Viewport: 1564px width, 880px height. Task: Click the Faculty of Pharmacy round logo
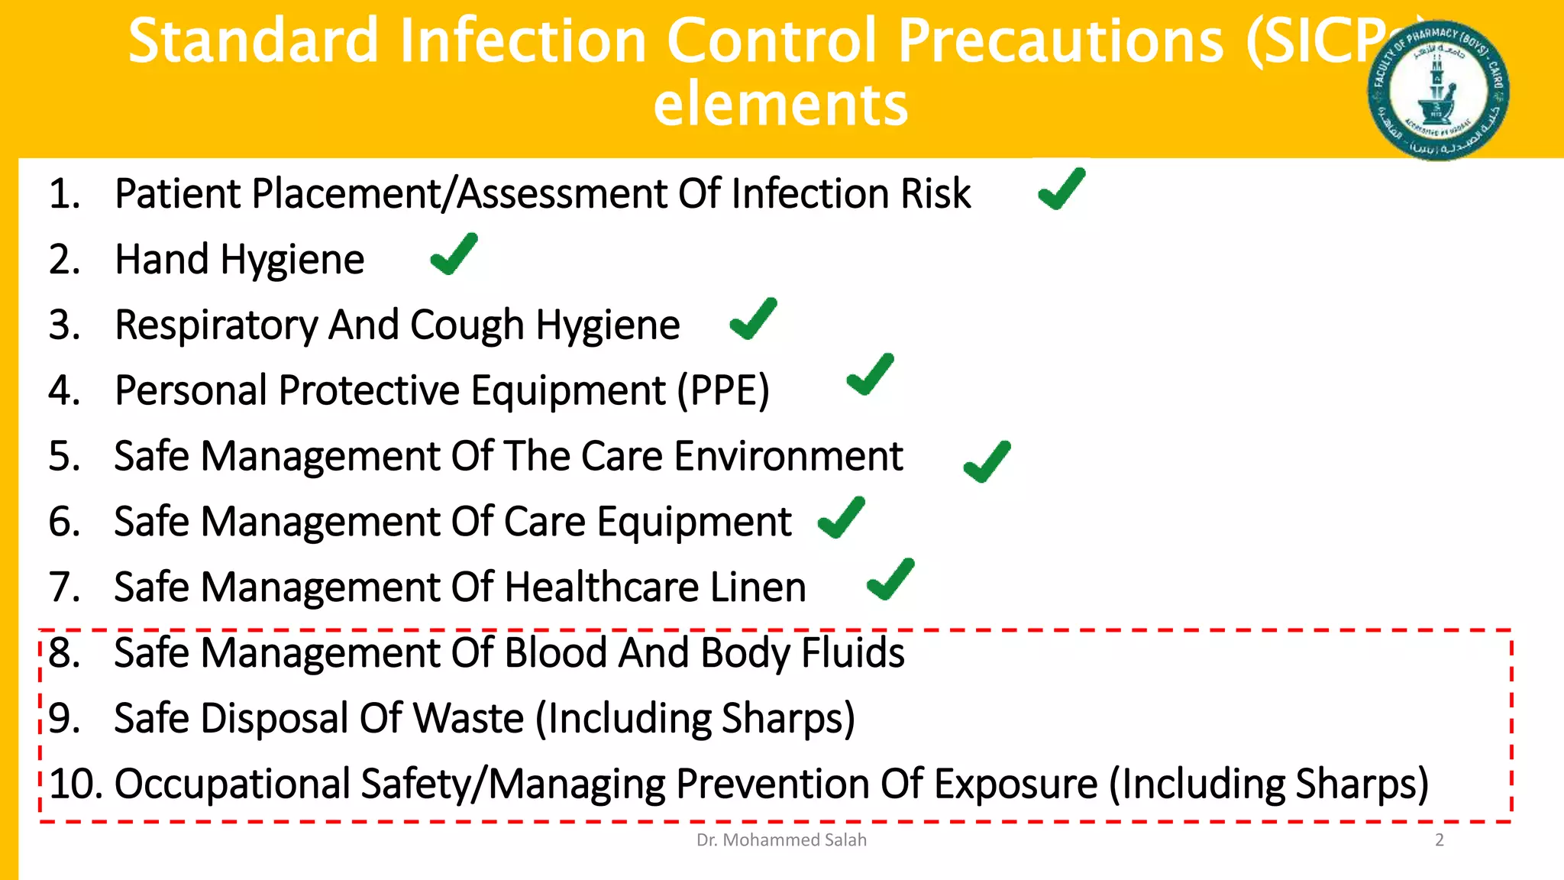coord(1438,90)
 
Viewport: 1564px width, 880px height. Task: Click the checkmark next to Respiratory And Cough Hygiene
coord(753,319)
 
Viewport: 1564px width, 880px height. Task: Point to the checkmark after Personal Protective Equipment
coord(870,375)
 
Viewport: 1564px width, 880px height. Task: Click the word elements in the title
coord(780,105)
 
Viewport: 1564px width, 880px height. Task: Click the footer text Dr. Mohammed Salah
coord(781,840)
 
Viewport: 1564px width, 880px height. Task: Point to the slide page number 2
coord(1440,840)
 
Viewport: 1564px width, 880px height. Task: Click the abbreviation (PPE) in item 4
coord(723,391)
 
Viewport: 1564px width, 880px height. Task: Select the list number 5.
coord(64,457)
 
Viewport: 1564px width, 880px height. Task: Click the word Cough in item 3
coord(467,325)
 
